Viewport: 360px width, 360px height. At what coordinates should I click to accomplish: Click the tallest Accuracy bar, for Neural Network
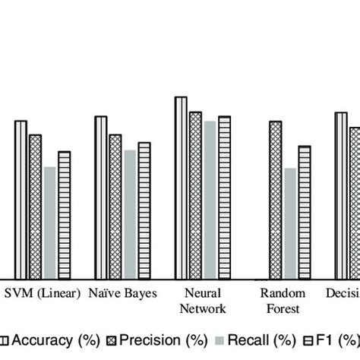click(x=181, y=188)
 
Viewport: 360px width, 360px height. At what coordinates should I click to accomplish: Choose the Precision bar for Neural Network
click(x=195, y=195)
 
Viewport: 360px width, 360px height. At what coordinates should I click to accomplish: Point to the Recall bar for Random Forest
click(x=289, y=223)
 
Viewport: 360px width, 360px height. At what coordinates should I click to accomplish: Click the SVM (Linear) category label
click(x=43, y=294)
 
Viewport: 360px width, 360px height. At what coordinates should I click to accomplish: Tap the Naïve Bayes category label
click(x=122, y=294)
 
